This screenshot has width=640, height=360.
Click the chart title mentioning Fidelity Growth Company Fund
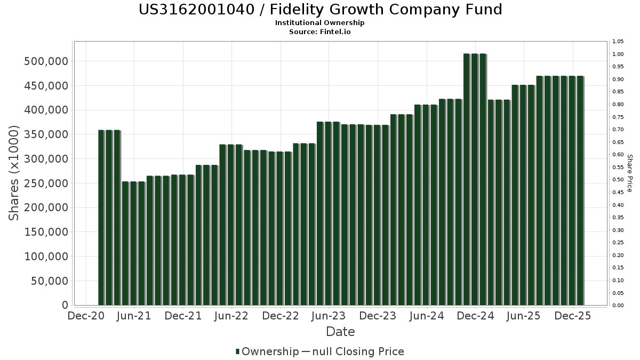coord(320,10)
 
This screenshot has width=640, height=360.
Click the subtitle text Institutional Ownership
coord(320,23)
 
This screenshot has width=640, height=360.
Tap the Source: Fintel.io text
coord(320,32)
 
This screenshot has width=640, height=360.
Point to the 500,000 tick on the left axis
coord(46,61)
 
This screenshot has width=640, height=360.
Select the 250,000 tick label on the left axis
coord(46,183)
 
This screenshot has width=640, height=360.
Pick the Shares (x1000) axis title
coord(14,172)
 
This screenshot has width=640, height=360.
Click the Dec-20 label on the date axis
coord(85,316)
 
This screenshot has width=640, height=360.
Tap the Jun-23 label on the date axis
coord(329,316)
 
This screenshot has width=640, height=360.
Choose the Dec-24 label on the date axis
coord(475,316)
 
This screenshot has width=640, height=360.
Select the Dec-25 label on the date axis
coord(573,316)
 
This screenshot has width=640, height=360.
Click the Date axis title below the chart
coord(340,332)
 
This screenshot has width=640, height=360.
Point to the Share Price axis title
coord(629,173)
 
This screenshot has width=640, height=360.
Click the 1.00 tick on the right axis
coord(618,54)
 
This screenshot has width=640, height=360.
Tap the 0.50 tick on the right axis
coord(618,180)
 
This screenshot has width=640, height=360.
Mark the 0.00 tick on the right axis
coord(618,306)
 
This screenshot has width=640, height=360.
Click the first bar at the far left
coord(101,218)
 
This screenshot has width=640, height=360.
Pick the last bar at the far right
coord(580,190)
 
